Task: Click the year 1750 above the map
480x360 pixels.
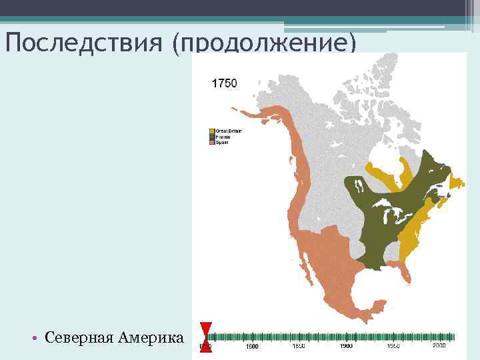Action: tap(224, 83)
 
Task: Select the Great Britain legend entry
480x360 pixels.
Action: tap(225, 131)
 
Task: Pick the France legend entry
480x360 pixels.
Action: tap(222, 137)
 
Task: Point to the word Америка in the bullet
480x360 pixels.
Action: tap(151, 338)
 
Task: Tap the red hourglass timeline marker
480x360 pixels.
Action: tap(206, 337)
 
